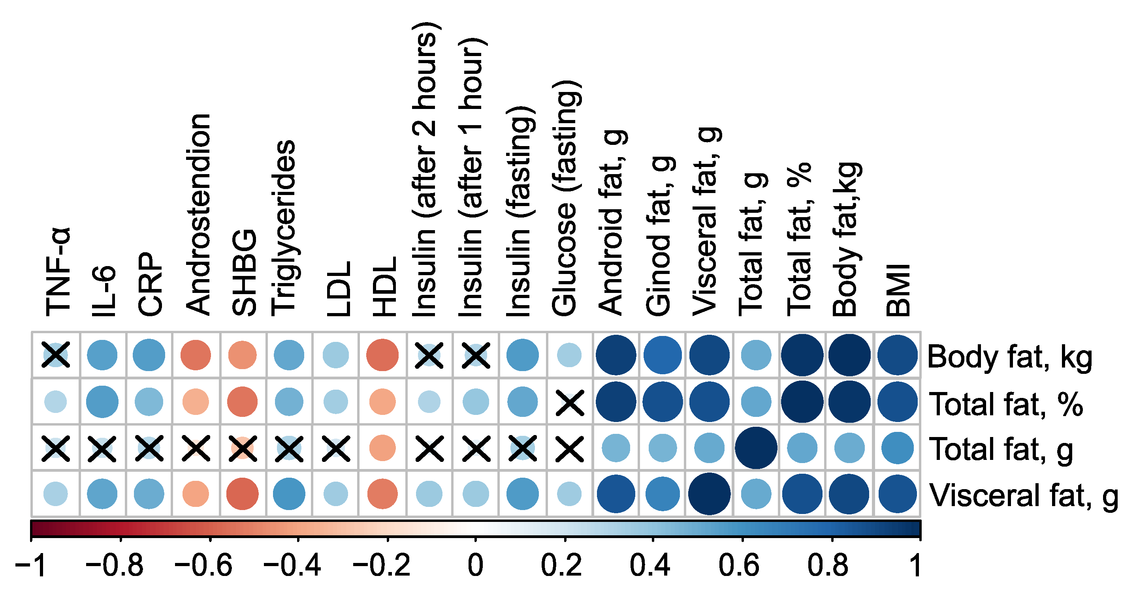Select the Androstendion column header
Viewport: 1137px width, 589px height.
coord(198,214)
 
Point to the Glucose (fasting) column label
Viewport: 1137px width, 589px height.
coord(565,199)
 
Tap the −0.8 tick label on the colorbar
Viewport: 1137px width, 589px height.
coord(114,565)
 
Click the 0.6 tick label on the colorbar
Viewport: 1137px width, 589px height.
coord(739,565)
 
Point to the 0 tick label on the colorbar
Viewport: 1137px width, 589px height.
coord(475,565)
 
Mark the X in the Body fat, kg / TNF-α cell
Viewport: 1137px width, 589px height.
coord(56,355)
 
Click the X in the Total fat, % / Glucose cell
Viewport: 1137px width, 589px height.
coord(570,402)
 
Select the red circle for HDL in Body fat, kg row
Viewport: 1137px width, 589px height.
coord(382,355)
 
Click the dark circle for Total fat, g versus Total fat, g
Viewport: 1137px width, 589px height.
coord(756,448)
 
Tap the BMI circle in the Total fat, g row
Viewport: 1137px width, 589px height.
coord(897,448)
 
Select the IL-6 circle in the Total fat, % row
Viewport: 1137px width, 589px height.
coord(102,401)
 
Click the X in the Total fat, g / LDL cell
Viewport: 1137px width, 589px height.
coord(336,448)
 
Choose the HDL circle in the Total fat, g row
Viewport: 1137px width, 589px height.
coord(382,448)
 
